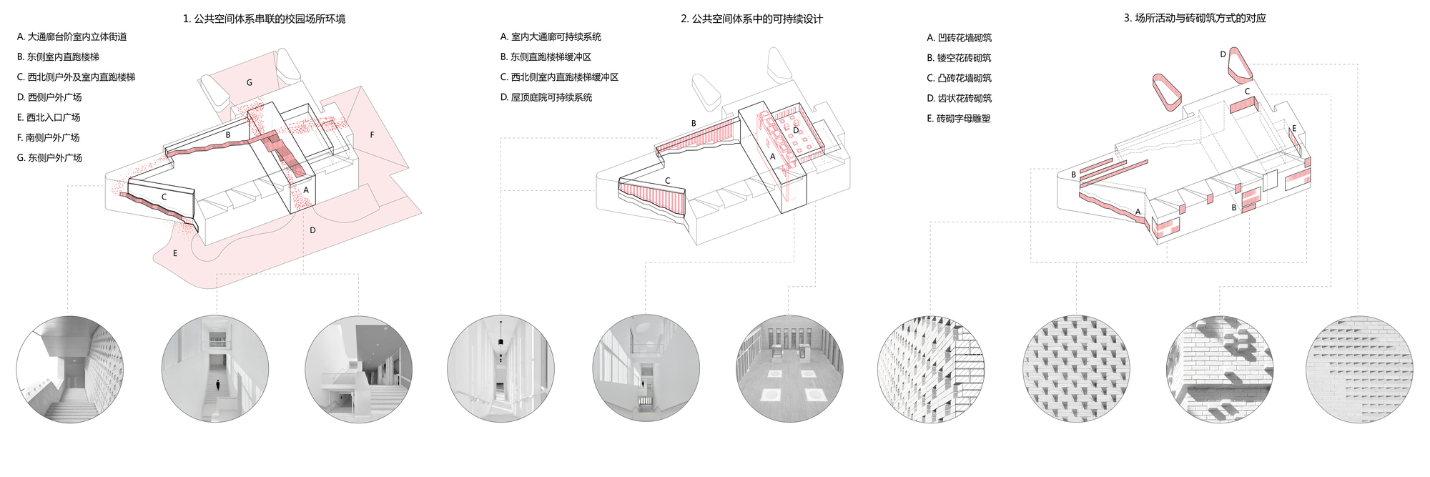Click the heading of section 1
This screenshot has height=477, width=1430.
click(264, 19)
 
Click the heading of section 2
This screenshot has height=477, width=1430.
click(751, 19)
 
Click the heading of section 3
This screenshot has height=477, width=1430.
click(1195, 18)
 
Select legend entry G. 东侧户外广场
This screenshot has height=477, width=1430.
click(49, 157)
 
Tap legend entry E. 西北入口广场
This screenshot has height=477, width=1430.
click(49, 117)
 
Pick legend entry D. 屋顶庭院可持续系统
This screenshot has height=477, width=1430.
click(546, 97)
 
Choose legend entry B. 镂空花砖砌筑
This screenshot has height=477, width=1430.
click(959, 58)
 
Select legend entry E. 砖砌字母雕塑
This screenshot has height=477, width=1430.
click(959, 119)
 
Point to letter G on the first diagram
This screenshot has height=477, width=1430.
click(250, 83)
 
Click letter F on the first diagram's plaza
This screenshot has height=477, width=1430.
click(372, 135)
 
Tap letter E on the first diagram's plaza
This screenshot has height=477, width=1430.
click(175, 253)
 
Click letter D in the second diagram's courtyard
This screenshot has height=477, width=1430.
click(796, 131)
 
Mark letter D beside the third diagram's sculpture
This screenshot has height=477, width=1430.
click(1223, 54)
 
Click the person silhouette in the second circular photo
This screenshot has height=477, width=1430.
click(218, 385)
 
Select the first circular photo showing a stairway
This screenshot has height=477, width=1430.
click(70, 369)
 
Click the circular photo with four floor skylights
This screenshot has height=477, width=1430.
click(789, 369)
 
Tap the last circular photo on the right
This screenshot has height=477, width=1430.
click(1359, 369)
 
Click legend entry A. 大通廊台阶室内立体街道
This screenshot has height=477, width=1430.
click(72, 36)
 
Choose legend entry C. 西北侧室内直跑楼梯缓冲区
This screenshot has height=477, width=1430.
click(559, 77)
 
